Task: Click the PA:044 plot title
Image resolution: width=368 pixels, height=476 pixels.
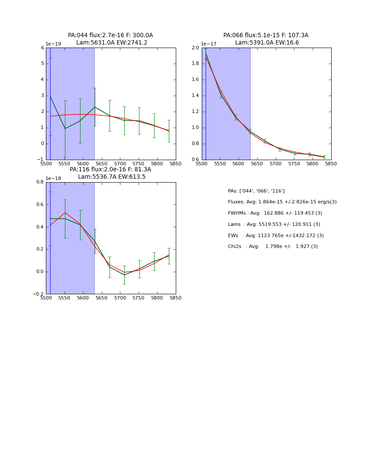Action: click(x=110, y=39)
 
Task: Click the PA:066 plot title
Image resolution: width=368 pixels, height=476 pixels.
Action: click(x=266, y=39)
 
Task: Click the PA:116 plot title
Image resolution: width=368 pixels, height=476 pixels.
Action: click(x=110, y=173)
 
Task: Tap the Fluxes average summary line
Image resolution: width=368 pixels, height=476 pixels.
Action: click(x=282, y=202)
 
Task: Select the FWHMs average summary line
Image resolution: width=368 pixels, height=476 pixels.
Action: click(x=275, y=213)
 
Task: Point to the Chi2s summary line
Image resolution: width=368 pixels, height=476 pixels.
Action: click(x=273, y=247)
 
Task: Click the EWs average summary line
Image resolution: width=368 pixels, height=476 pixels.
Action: click(x=276, y=236)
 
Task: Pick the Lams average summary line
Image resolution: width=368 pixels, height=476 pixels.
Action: click(x=274, y=225)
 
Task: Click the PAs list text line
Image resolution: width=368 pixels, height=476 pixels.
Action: click(x=256, y=191)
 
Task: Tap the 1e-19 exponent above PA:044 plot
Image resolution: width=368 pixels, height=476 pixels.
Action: click(x=53, y=44)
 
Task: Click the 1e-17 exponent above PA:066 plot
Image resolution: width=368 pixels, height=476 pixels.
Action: click(x=209, y=44)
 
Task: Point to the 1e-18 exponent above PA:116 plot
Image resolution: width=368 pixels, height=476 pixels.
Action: click(x=53, y=178)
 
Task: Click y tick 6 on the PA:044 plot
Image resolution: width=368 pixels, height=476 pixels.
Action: click(x=42, y=48)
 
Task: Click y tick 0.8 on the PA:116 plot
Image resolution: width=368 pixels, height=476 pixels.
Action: click(x=40, y=182)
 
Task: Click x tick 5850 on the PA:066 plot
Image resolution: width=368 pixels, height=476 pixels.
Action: click(x=331, y=164)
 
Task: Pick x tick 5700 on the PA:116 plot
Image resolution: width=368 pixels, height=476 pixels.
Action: click(x=120, y=298)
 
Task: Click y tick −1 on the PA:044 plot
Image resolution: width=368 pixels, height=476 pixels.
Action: click(x=41, y=160)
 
